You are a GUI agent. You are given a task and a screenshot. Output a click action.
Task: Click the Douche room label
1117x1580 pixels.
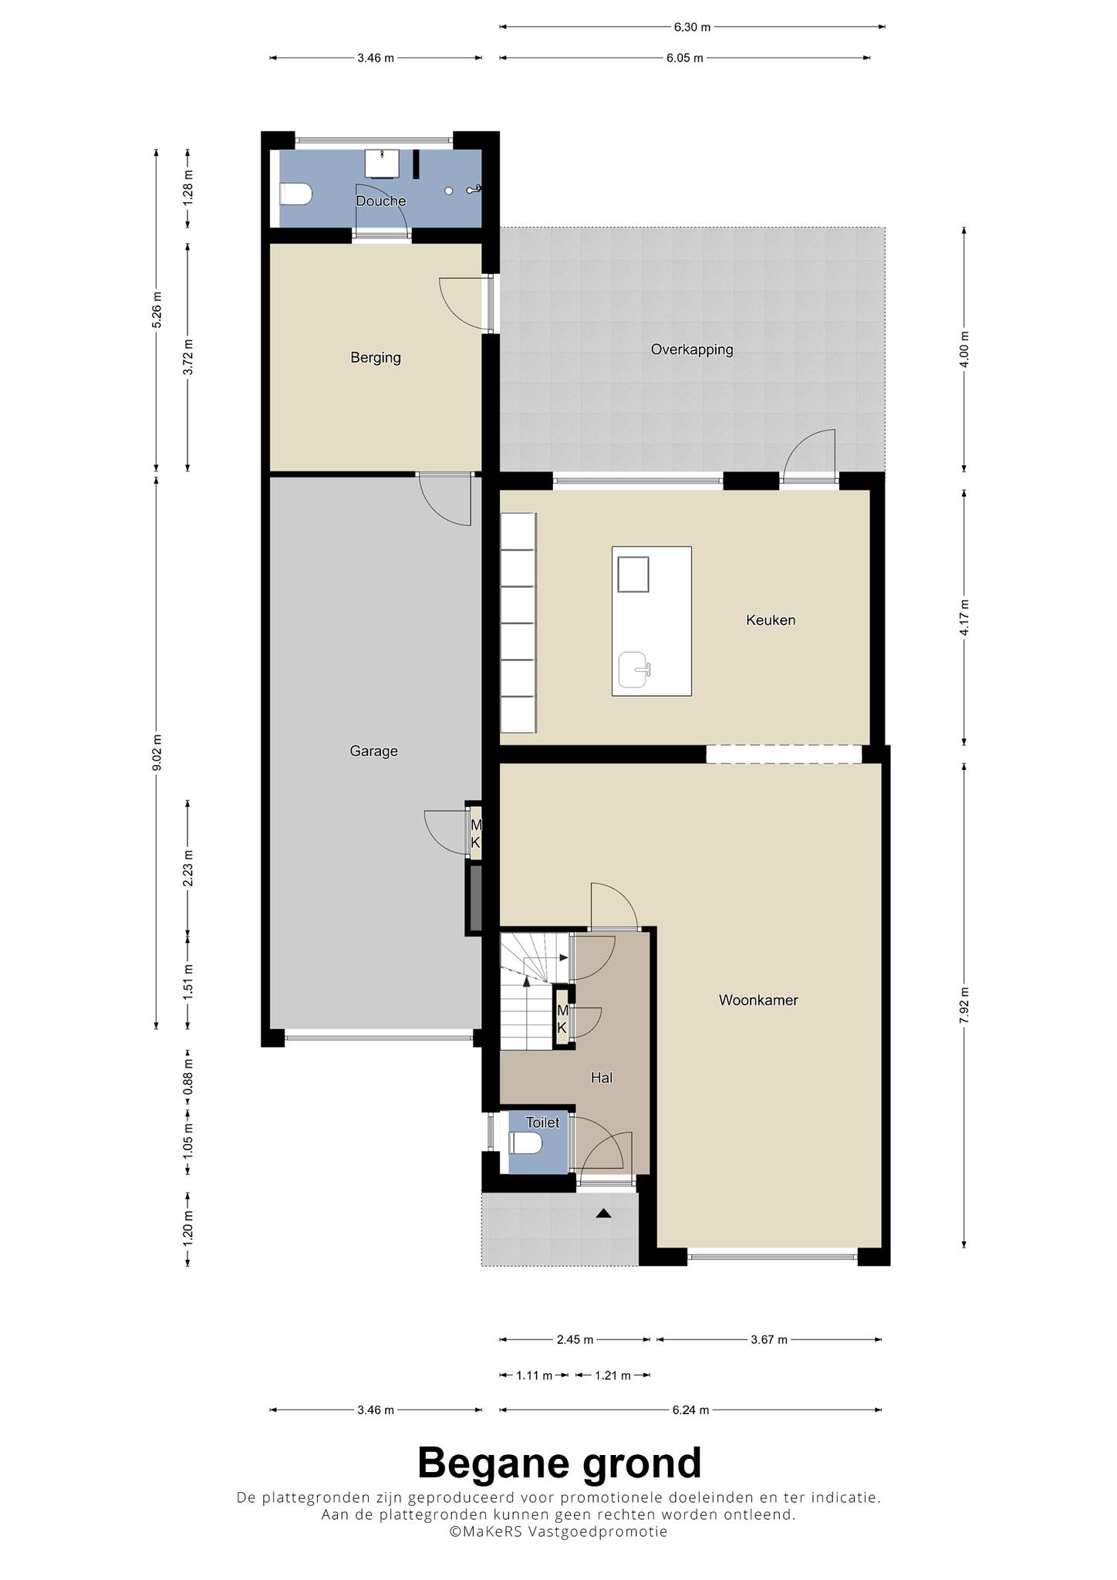coord(380,201)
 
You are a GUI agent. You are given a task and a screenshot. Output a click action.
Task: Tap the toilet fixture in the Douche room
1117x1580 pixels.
coord(295,194)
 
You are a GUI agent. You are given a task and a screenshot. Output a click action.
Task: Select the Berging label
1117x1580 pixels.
coord(376,358)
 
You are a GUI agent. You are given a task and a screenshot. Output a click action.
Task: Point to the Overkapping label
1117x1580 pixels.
coord(692,349)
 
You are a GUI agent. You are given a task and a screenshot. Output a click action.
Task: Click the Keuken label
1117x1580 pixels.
coord(771,620)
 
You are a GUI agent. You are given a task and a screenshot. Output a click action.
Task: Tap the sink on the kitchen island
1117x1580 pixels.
coord(634,670)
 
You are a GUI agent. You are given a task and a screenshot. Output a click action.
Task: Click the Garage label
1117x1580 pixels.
coord(374,751)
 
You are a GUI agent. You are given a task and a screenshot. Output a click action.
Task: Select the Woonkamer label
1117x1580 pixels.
coord(758,1000)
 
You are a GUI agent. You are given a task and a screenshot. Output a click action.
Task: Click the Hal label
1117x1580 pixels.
coord(602,1078)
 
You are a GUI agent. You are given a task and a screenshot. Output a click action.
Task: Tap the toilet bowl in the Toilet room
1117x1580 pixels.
coord(527,1143)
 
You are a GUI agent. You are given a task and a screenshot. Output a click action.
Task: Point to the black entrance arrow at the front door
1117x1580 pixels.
coord(603,1214)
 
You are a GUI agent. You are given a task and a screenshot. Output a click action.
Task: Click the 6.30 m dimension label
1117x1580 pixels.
coord(692,27)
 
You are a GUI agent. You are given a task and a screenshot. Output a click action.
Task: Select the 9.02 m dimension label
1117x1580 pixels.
coord(157,752)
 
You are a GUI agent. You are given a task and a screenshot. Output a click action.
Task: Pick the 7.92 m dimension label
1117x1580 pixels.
coord(964,1005)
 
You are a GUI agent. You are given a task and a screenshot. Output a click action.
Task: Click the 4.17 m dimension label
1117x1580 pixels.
coord(964,617)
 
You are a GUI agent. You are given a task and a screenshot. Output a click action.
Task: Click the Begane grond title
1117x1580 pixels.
coord(559,1463)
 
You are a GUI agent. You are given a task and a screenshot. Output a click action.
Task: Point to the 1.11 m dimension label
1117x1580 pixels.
coord(535,1376)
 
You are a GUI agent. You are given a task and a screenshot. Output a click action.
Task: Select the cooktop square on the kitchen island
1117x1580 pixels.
coord(633,573)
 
